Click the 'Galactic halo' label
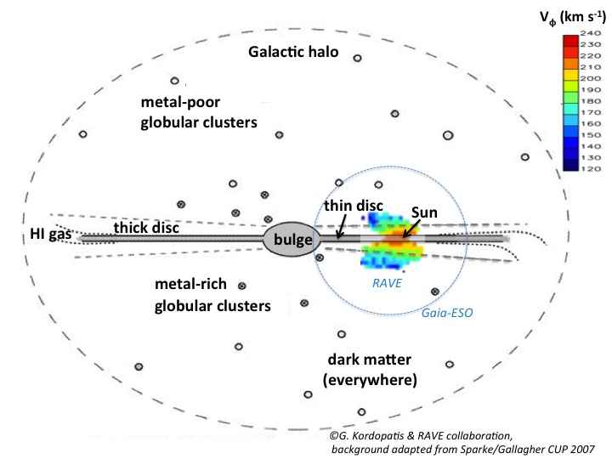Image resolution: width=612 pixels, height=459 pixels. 293,52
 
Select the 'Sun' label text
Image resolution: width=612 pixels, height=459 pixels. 423,209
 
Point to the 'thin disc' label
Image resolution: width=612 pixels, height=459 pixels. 354,207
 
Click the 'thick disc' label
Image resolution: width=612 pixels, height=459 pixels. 145,227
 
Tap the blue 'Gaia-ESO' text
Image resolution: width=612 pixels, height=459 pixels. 445,314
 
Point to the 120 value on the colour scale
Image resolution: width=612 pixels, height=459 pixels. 591,169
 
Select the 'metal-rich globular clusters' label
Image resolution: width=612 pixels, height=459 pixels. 212,293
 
